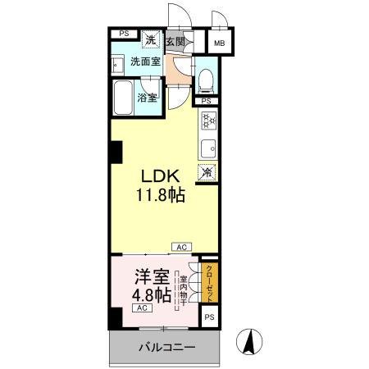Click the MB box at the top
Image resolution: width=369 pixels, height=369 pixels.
point(221,43)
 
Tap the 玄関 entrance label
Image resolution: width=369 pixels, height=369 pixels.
point(175,40)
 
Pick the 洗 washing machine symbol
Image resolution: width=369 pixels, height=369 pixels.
point(151,39)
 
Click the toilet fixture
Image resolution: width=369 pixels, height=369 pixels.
point(206,80)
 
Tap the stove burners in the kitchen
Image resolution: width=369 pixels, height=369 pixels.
point(207,121)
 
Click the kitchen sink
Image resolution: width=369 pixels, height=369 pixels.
point(207,149)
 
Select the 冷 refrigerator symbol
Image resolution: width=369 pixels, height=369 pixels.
point(207,173)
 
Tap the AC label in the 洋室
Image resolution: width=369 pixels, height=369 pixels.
point(141,307)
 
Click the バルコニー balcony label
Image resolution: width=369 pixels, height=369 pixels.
point(166,348)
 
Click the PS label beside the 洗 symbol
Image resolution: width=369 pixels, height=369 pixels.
point(124,34)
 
